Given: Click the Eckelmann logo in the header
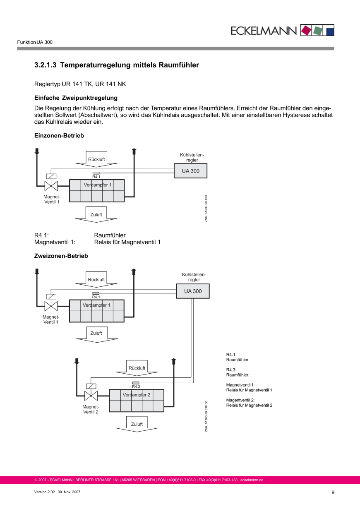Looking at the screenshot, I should pos(282,30).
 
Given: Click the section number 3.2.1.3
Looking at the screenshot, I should pos(45,65).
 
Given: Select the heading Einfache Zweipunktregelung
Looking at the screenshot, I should pos(76,98).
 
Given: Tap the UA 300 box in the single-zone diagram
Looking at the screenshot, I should pos(190,171).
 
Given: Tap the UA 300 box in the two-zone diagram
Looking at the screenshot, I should pos(193,291).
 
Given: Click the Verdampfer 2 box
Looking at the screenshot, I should pos(137,401).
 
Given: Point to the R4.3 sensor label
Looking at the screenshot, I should pos(136,387).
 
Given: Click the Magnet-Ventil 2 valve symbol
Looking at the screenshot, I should pos(91,396).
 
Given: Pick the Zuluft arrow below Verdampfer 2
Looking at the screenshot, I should pos(137,424).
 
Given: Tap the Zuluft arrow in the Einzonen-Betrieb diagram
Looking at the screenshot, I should pos(96,215).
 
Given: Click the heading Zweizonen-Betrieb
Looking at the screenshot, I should pos(61,256).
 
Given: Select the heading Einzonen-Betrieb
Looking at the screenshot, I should pos(59,136).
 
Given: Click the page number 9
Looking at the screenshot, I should pos(333,492).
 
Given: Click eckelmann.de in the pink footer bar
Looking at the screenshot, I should pos(252,480).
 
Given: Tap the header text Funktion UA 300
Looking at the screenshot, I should pos(35,42).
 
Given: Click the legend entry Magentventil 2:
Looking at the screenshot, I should pos(240,400).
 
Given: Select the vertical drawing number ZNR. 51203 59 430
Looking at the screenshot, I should pos(206,209).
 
